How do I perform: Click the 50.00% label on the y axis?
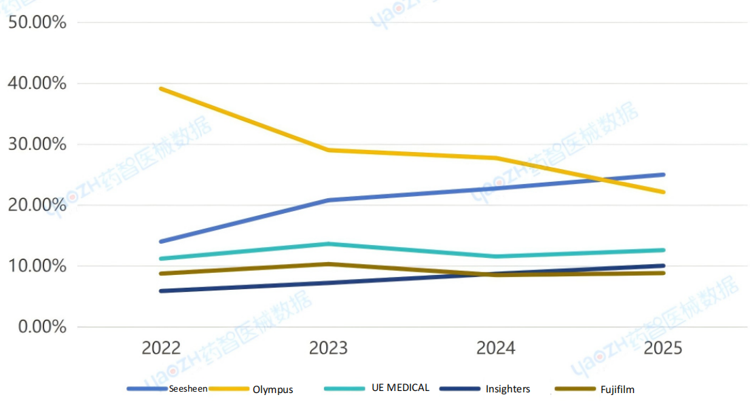tap(37, 22)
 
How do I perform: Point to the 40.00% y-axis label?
tap(37, 83)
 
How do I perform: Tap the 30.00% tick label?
tap(37, 144)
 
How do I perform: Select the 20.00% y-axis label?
tap(37, 205)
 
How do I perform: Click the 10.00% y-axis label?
tap(37, 265)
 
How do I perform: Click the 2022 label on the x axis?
tap(161, 348)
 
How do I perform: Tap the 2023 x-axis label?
tap(328, 348)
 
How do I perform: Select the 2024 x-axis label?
tap(496, 348)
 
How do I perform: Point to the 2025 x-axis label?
tap(663, 348)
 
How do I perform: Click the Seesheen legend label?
tap(188, 388)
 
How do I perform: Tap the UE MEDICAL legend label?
tap(400, 388)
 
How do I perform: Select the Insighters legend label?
tap(507, 389)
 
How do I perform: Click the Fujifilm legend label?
tap(618, 389)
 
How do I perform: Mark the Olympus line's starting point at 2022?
tap(161, 88)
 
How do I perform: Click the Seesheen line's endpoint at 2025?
tap(663, 174)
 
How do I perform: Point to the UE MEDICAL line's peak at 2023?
tap(328, 244)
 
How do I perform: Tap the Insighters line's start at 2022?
tap(161, 291)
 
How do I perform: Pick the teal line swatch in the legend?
tap(345, 388)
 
